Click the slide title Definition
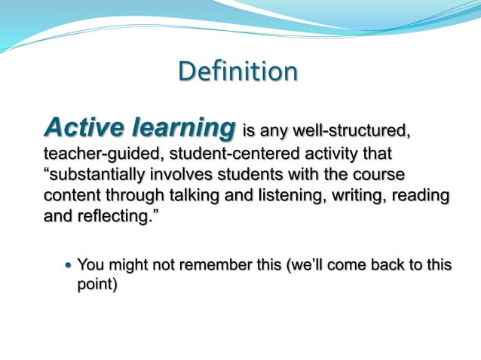pos(238,72)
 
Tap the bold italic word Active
pos(84,127)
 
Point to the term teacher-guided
pos(103,154)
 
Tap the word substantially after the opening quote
pos(102,175)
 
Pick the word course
pos(380,175)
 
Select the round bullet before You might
pos(69,265)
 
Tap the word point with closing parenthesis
pos(97,285)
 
